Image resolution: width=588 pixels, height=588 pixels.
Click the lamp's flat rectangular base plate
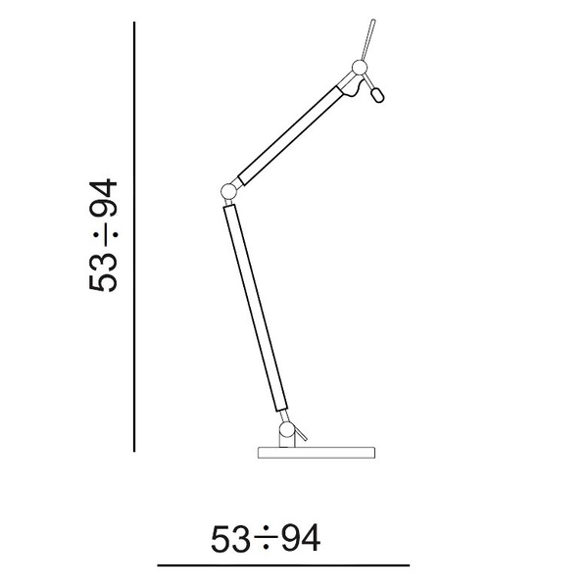click(x=317, y=454)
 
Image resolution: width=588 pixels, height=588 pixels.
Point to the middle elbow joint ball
click(x=227, y=189)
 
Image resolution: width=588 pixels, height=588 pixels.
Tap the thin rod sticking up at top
click(x=368, y=39)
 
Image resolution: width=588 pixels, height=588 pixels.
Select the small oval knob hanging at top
click(x=378, y=95)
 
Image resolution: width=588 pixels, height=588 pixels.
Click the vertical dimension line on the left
click(x=134, y=235)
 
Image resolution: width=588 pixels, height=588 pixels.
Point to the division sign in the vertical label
click(x=104, y=237)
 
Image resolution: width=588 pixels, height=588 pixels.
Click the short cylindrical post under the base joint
click(x=285, y=442)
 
